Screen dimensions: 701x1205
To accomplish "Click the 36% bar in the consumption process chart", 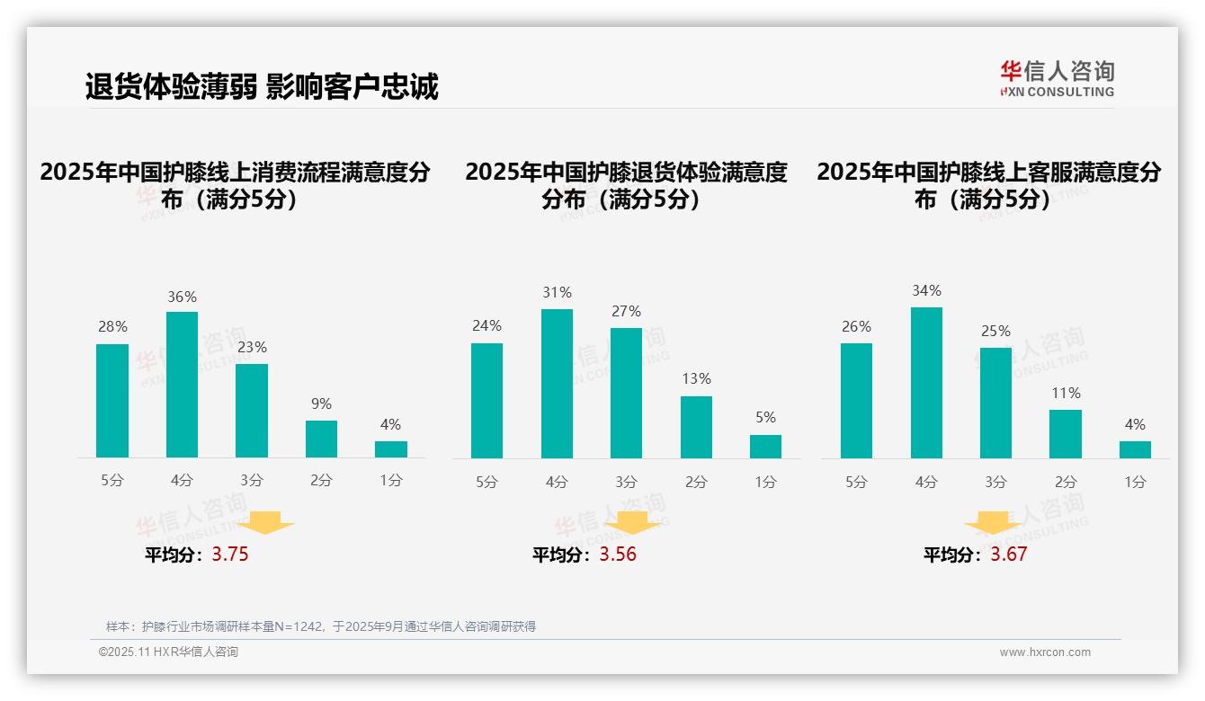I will coord(182,385).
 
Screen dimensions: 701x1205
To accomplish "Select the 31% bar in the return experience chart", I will coord(557,384).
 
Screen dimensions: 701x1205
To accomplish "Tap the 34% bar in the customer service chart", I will coord(926,383).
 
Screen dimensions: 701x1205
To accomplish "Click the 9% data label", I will coord(321,404).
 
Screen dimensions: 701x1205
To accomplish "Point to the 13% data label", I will coord(696,379).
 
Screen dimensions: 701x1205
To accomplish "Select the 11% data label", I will coord(1066,394).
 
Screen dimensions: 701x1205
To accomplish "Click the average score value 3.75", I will coord(230,555).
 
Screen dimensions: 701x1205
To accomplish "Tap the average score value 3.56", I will coord(618,555).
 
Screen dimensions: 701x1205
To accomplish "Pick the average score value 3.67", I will coord(1009,555).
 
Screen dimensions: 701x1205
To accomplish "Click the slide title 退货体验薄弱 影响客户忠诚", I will coord(262,87).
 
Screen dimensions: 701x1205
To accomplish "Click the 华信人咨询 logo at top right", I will coord(1057,78).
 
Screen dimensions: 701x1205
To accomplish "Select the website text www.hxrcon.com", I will coord(1045,652).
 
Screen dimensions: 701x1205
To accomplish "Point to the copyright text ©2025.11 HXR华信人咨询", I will coord(168,652).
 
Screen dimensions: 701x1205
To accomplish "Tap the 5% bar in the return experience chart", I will coord(765,447).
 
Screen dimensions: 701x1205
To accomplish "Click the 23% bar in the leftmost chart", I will coord(252,411).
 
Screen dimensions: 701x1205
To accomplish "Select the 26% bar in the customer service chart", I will coord(856,401).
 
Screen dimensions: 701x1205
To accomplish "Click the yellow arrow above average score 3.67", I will coord(993,523).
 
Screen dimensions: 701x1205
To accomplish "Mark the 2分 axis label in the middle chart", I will coord(696,482).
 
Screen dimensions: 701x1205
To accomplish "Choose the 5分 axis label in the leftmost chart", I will coord(112,481).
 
